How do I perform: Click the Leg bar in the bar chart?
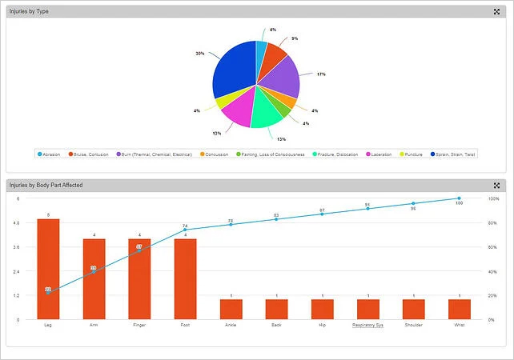[48, 269]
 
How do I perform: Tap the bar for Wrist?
[459, 309]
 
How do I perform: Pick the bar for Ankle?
[231, 309]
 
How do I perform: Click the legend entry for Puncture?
[412, 154]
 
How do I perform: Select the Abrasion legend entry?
[50, 154]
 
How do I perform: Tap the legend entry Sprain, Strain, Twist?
[453, 154]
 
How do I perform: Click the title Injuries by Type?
[29, 11]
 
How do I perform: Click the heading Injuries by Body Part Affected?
[46, 186]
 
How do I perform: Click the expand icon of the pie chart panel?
[496, 11]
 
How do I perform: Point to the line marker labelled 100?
[459, 198]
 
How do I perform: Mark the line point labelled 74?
[185, 230]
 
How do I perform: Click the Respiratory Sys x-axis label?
[367, 326]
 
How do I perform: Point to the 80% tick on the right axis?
[494, 222]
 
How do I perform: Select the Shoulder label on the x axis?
[413, 326]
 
